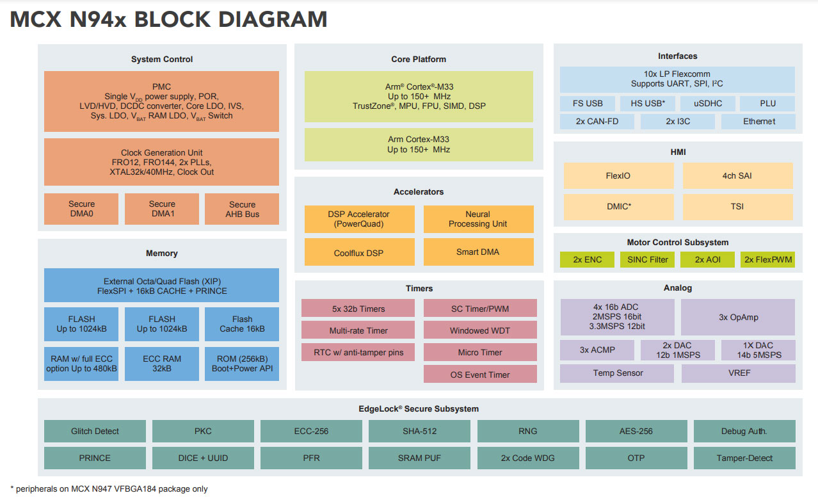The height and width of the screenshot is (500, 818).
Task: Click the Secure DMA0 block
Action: coord(81,209)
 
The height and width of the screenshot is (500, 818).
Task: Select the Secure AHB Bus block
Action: coord(242,209)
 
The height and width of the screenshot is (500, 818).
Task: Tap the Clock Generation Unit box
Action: coord(161,162)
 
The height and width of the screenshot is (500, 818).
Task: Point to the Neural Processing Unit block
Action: coord(478,219)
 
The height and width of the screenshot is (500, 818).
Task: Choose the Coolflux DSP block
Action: coord(358,252)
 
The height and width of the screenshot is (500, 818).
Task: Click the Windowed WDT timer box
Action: coord(479,330)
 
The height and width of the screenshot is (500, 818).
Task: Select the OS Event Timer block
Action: coord(479,374)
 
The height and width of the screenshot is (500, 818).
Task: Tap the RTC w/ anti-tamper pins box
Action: coord(358,352)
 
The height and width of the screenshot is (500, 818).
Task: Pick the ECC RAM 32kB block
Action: coord(161,364)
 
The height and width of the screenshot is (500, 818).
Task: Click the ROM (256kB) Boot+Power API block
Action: coord(242,364)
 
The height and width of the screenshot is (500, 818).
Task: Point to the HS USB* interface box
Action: coord(648,103)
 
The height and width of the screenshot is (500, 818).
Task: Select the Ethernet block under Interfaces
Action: coord(758,122)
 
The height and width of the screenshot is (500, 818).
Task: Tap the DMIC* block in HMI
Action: coord(618,207)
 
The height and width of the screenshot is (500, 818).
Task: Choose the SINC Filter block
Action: coord(648,259)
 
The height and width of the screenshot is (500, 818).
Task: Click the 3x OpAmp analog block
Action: coord(737,317)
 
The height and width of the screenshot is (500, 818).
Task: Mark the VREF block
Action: coord(738,373)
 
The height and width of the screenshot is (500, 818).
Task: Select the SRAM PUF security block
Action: coord(419,458)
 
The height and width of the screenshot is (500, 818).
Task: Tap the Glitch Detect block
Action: coord(95,431)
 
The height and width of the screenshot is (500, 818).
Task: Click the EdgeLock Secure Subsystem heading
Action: coord(419,408)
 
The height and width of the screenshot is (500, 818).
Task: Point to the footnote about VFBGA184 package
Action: coord(109,488)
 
